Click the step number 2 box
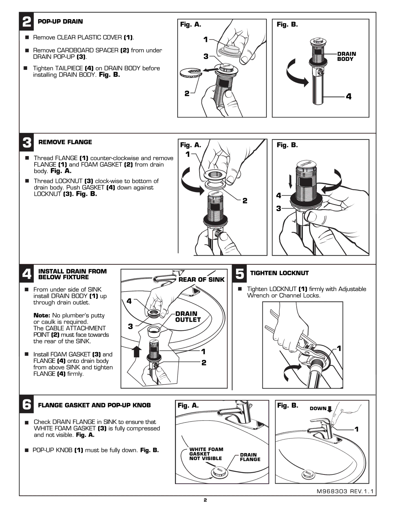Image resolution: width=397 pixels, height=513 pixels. point(26,22)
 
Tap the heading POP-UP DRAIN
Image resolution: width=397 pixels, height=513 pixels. point(60,22)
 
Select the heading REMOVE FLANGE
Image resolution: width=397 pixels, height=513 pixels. point(65,142)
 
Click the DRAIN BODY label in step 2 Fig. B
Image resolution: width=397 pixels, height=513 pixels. point(346,57)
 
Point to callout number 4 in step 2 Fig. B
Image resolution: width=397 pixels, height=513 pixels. point(348,97)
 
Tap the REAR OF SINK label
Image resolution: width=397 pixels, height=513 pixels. point(201,279)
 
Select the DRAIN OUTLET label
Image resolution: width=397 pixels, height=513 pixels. point(188,317)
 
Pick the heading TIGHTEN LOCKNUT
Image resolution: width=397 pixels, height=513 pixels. point(279,273)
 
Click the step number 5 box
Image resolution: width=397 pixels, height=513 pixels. point(239,274)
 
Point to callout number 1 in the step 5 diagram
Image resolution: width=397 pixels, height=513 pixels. point(339,348)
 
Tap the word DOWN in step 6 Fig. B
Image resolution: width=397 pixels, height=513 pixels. point(318,408)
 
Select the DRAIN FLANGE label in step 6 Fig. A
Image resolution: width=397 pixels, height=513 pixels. point(250,457)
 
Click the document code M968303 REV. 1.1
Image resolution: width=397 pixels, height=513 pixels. point(345,491)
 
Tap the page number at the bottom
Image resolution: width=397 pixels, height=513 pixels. point(205,500)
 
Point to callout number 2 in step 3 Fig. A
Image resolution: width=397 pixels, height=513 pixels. point(245,200)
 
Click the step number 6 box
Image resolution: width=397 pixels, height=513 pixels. point(26,404)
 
